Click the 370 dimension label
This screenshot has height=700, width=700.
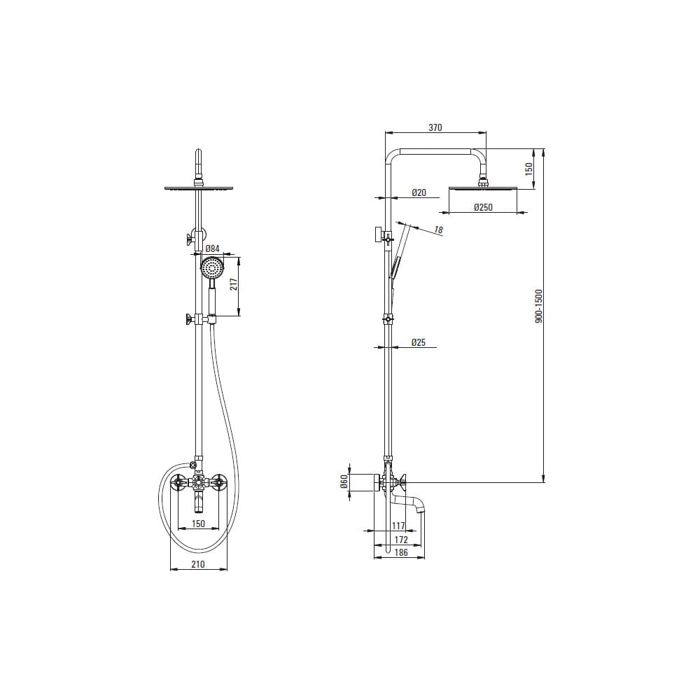[x=435, y=127]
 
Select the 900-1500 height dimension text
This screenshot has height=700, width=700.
[x=539, y=307]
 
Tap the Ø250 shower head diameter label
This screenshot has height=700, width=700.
[x=483, y=207]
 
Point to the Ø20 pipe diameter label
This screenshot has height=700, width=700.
[x=419, y=192]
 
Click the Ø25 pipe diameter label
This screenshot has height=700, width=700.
[x=419, y=342]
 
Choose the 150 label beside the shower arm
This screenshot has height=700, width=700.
[x=529, y=169]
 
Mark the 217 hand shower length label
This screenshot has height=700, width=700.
[x=234, y=284]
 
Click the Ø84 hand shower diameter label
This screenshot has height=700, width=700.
[x=212, y=248]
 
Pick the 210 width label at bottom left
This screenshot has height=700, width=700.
[x=198, y=564]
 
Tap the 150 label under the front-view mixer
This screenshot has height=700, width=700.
[x=198, y=524]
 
